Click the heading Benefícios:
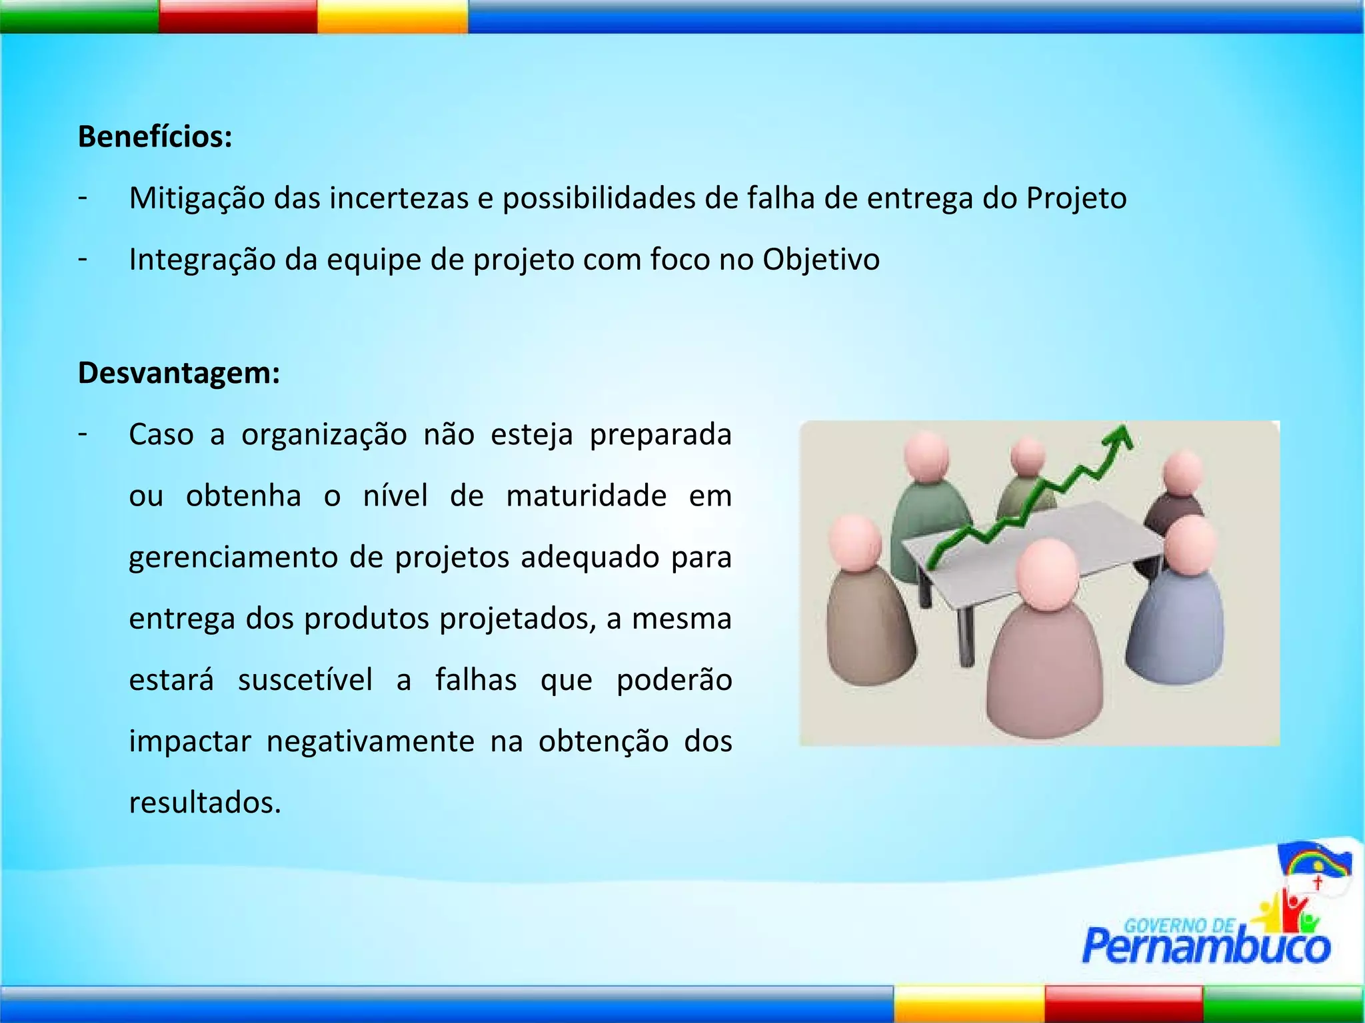tap(155, 137)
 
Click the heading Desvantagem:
tap(179, 373)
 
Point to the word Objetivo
tap(821, 260)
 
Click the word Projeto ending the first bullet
tap(1076, 198)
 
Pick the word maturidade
tap(586, 496)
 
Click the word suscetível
tap(305, 680)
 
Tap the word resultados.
tap(205, 803)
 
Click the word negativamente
tap(370, 741)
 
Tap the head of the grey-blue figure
tap(1190, 545)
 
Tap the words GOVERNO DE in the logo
tap(1178, 925)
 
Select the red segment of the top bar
tap(238, 16)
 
